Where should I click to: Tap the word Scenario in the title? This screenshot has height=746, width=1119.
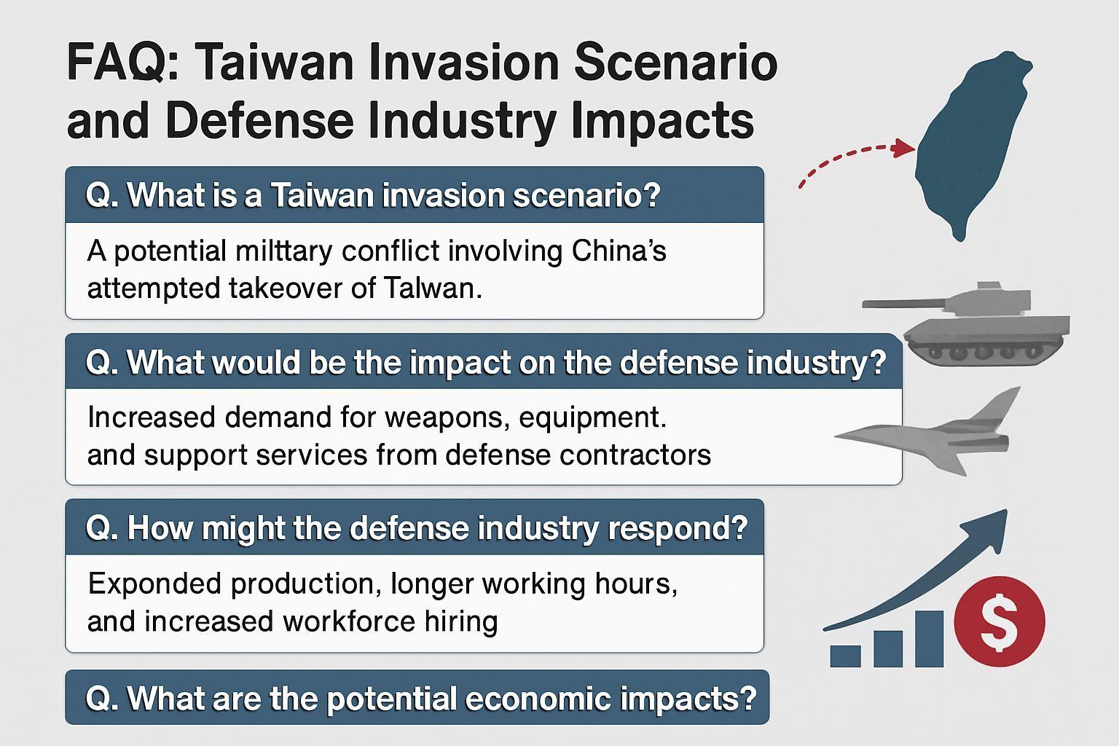pos(676,63)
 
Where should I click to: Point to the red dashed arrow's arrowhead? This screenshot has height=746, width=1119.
pos(903,148)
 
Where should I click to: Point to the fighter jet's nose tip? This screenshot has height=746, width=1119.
pos(836,436)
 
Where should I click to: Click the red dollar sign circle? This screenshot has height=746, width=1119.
pos(999,621)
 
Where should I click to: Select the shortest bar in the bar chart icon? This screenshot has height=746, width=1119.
pos(845,656)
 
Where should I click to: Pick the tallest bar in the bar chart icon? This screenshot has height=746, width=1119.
pos(929,639)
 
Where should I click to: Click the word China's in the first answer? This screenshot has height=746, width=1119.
pos(619,251)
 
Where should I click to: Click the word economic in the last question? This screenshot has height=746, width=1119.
pos(538,698)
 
